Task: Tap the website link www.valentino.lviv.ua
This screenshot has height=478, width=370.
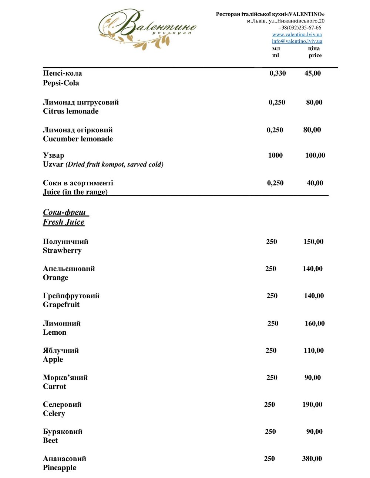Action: (x=297, y=34)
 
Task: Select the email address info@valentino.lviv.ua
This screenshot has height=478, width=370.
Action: (x=297, y=41)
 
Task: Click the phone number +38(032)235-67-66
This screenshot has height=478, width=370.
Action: (x=300, y=28)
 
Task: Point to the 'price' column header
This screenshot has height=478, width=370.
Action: (x=315, y=55)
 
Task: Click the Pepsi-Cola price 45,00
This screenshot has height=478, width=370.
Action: (x=313, y=73)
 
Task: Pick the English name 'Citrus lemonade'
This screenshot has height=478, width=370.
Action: (x=71, y=111)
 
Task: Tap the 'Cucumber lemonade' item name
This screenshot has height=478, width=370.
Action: (x=78, y=139)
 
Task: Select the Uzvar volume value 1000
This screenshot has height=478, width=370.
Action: (x=275, y=156)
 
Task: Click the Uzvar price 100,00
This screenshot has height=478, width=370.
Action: (x=315, y=156)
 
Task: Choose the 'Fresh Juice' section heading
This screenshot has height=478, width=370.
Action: (x=64, y=222)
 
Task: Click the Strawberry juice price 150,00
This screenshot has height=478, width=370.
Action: (x=313, y=242)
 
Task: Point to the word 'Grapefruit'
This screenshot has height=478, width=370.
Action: (x=61, y=305)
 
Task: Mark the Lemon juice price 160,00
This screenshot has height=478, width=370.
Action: (x=314, y=324)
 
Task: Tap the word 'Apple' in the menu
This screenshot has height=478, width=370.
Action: (x=53, y=359)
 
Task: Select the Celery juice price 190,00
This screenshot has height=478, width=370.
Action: (x=312, y=404)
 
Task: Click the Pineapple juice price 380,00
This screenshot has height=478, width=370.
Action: (x=312, y=459)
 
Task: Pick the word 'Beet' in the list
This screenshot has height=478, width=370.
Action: (x=50, y=440)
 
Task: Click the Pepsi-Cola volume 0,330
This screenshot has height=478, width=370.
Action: (x=277, y=73)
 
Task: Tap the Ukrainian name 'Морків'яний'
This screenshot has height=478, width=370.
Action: (x=65, y=378)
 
